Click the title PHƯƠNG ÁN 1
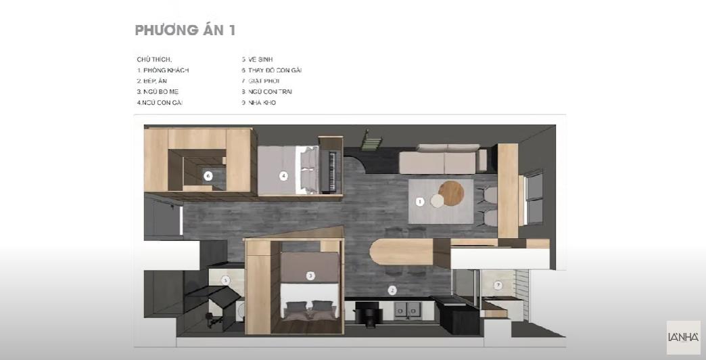click(185, 30)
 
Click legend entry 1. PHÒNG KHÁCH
click(163, 70)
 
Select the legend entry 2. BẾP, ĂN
click(151, 81)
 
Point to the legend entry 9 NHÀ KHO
click(259, 103)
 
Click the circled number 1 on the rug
click(420, 201)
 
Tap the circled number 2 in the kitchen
click(392, 290)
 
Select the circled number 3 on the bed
click(310, 275)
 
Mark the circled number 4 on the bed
click(284, 176)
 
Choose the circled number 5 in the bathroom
click(226, 279)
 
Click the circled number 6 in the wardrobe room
click(208, 175)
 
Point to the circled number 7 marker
click(498, 285)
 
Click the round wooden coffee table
click(451, 193)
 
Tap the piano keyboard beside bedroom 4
click(331, 171)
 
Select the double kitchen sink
click(410, 310)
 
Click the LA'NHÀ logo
click(683, 337)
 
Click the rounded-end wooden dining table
click(402, 252)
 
